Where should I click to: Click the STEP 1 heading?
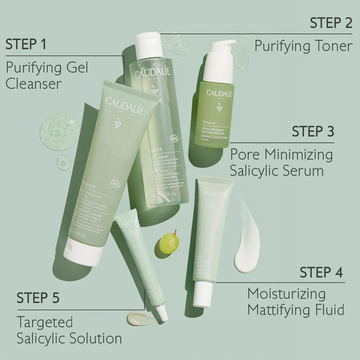pos(26,44)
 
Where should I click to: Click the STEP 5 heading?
pos(38,298)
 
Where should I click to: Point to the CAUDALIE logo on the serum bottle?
pos(220,92)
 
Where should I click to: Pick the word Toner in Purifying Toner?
pos(334,46)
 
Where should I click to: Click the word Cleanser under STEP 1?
pos(33,84)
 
